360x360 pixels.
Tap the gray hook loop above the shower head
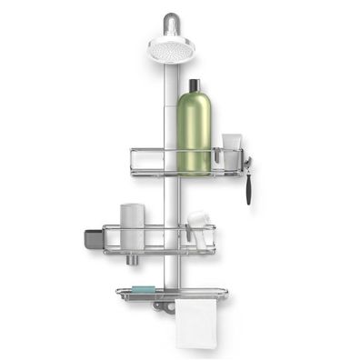pyautogui.click(x=170, y=21)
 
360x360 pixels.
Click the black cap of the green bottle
pyautogui.click(x=193, y=85)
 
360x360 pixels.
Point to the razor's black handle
pyautogui.click(x=247, y=186)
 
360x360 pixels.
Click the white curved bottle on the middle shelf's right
pyautogui.click(x=197, y=222)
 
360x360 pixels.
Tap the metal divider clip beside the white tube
pyautogui.click(x=216, y=160)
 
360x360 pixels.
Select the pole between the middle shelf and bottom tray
pyautogui.click(x=170, y=268)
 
